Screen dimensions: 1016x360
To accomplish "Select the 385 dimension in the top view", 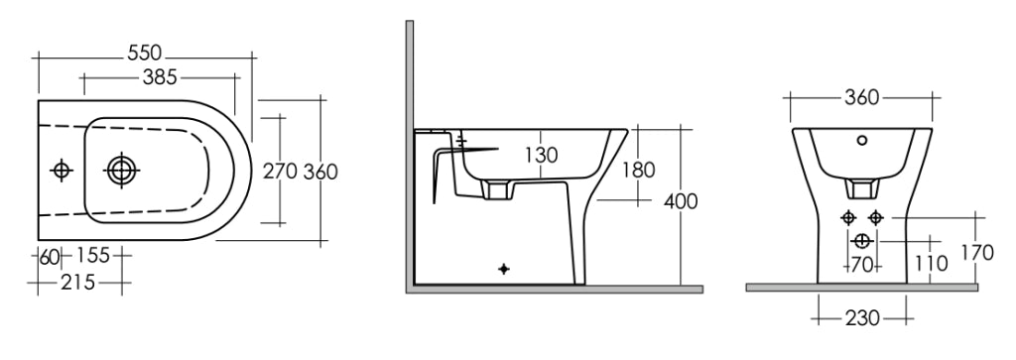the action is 160,77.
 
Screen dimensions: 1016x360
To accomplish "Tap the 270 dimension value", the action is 280,171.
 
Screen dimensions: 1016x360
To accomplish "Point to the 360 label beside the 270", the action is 320,171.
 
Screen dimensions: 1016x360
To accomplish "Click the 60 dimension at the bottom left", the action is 50,256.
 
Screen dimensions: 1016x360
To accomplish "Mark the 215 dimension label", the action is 77,283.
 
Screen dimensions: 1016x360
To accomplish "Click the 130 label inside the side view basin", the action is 541,155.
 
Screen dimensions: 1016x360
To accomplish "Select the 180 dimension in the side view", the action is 638,170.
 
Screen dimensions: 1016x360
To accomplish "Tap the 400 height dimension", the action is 681,201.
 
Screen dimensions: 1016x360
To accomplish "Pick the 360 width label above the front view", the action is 862,98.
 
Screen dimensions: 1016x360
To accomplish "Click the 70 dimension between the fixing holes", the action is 860,264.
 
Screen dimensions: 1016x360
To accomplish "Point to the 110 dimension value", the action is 931,264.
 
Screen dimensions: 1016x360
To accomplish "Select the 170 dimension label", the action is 976,253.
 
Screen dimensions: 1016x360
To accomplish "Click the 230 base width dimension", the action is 862,318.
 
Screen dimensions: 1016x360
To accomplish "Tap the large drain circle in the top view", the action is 121,171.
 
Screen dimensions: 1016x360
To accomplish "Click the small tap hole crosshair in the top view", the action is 61,171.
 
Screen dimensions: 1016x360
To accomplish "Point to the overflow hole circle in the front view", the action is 862,140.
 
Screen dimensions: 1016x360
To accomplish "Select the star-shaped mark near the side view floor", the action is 503,268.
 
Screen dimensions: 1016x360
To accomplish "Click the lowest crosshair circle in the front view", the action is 862,242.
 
